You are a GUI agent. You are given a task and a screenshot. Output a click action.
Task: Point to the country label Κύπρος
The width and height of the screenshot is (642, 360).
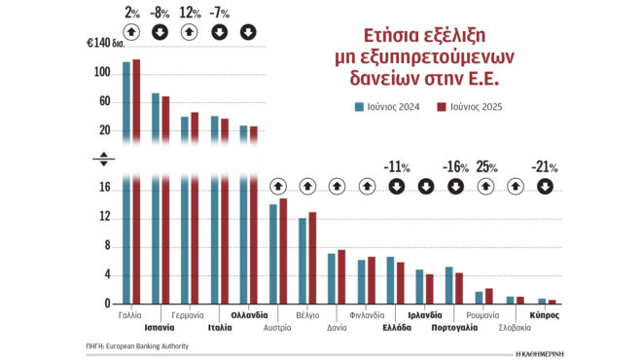pyautogui.click(x=544, y=315)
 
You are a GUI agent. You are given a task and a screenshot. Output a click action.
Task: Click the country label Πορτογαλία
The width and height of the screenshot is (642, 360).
pyautogui.click(x=454, y=328)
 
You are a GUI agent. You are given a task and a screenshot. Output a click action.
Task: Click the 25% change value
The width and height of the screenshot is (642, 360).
pyautogui.click(x=486, y=166)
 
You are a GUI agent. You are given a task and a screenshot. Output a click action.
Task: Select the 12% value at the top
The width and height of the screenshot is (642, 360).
pyautogui.click(x=190, y=13)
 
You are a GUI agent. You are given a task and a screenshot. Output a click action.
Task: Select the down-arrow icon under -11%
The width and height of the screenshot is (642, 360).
pyautogui.click(x=396, y=186)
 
